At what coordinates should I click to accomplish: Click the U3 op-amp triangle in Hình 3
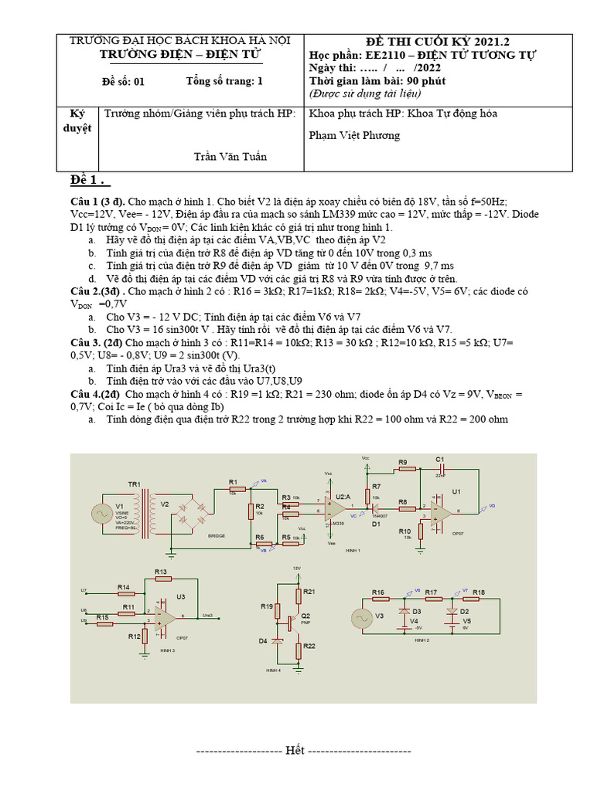165,616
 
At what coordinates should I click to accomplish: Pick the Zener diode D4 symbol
277,640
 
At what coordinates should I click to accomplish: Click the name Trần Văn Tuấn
230,157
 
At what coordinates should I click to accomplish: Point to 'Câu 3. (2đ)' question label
96,341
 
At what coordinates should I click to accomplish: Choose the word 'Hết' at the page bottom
295,750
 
